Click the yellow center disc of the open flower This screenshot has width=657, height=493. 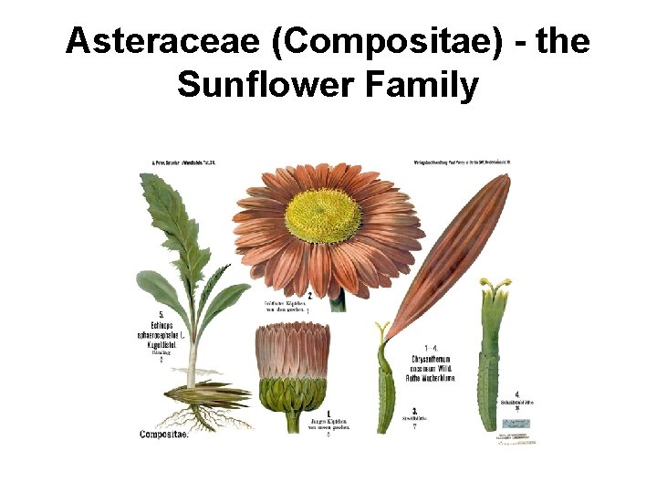point(322,215)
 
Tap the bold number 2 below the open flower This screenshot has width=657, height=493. point(310,295)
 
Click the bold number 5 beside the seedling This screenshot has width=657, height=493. point(162,315)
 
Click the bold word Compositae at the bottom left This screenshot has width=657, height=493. point(164,435)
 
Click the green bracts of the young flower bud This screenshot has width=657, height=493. point(292,395)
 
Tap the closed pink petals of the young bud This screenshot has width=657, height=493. point(292,351)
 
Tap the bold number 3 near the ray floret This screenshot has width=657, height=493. point(415,410)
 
